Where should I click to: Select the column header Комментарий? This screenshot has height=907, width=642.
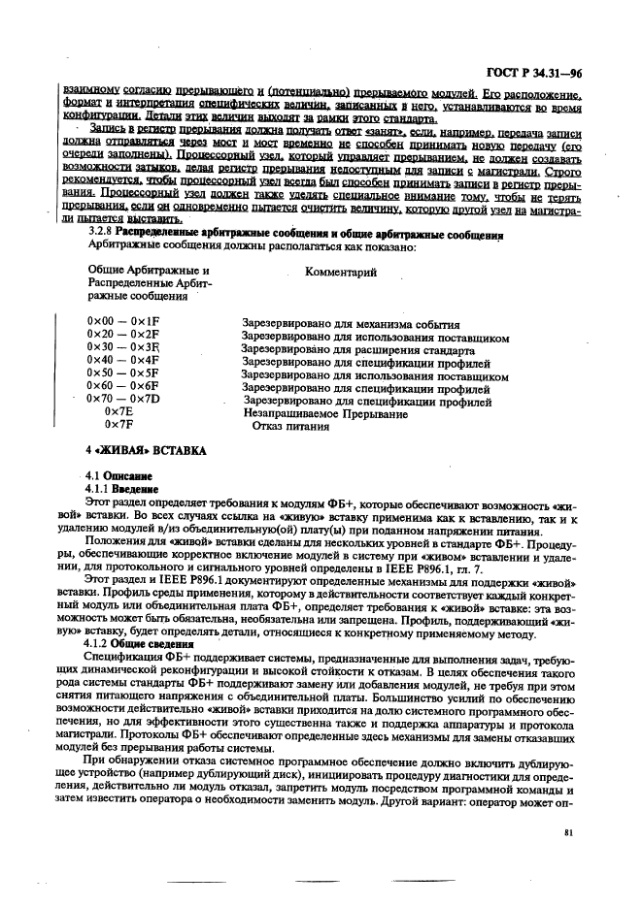pos(340,273)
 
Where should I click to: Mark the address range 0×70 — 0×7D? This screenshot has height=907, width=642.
pos(122,399)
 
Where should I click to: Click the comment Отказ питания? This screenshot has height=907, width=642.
pos(290,425)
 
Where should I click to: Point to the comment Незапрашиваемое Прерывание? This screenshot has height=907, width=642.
pos(325,412)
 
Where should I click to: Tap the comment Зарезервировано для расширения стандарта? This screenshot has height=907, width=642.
pos(356,347)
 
